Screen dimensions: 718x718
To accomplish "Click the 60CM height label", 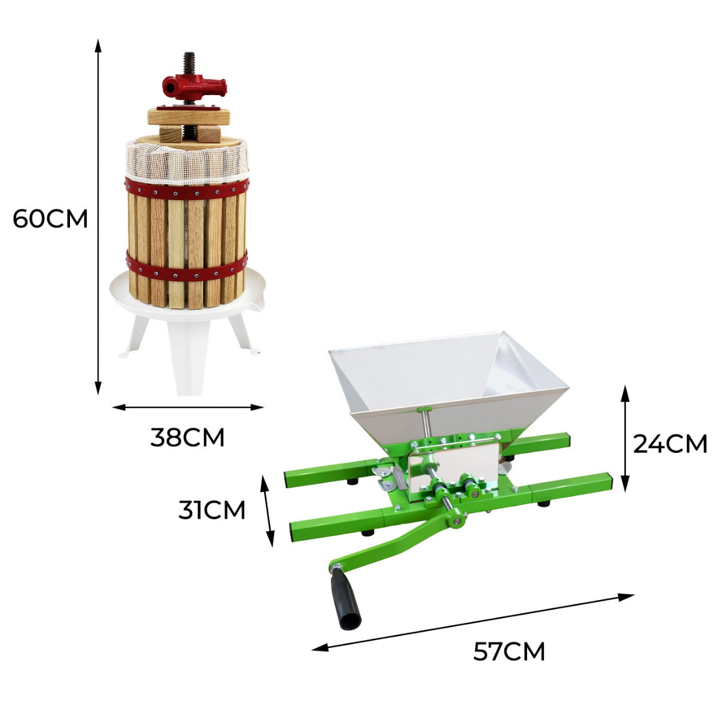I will (x=50, y=219).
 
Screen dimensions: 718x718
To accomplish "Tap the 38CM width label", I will (x=187, y=438).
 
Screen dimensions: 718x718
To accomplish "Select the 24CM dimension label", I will (x=670, y=444).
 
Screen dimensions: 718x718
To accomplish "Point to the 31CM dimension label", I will (x=212, y=510).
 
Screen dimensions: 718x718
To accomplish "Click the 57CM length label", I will (x=509, y=651).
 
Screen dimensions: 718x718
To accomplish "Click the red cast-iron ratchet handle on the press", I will (x=194, y=87).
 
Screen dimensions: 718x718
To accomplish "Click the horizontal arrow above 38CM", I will (x=188, y=407).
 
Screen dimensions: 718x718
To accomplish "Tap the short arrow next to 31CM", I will (x=267, y=510).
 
